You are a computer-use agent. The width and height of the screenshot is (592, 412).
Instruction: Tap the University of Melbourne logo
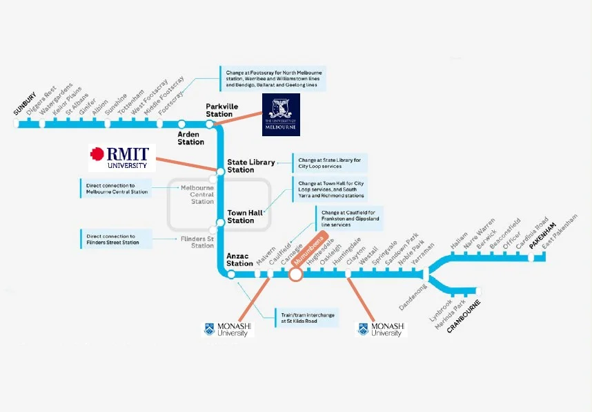click(x=282, y=116)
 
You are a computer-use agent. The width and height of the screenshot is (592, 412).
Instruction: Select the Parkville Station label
click(x=219, y=110)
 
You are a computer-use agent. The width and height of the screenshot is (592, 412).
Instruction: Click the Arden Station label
click(x=190, y=138)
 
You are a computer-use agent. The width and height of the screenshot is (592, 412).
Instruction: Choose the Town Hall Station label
click(x=241, y=216)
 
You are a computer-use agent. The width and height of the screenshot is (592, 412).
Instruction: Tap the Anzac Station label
click(x=239, y=259)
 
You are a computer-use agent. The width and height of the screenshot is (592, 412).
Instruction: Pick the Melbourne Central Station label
click(x=197, y=194)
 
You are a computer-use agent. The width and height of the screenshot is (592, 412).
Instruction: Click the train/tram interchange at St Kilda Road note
click(x=308, y=318)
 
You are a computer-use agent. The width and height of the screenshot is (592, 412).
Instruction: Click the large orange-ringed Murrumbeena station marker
click(x=296, y=274)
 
